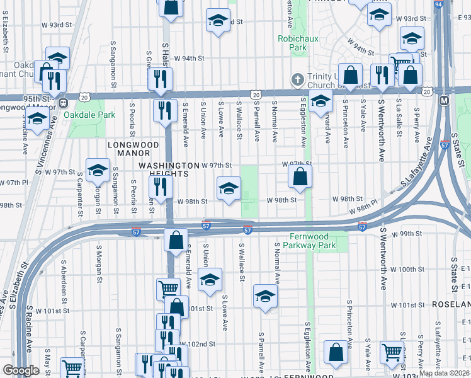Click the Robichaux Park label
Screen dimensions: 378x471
coord(292,43)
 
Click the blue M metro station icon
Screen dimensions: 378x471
coord(444,100)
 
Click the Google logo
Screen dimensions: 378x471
coord(21,370)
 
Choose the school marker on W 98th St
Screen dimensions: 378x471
coord(229,188)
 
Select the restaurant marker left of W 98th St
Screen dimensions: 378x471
coord(160,187)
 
